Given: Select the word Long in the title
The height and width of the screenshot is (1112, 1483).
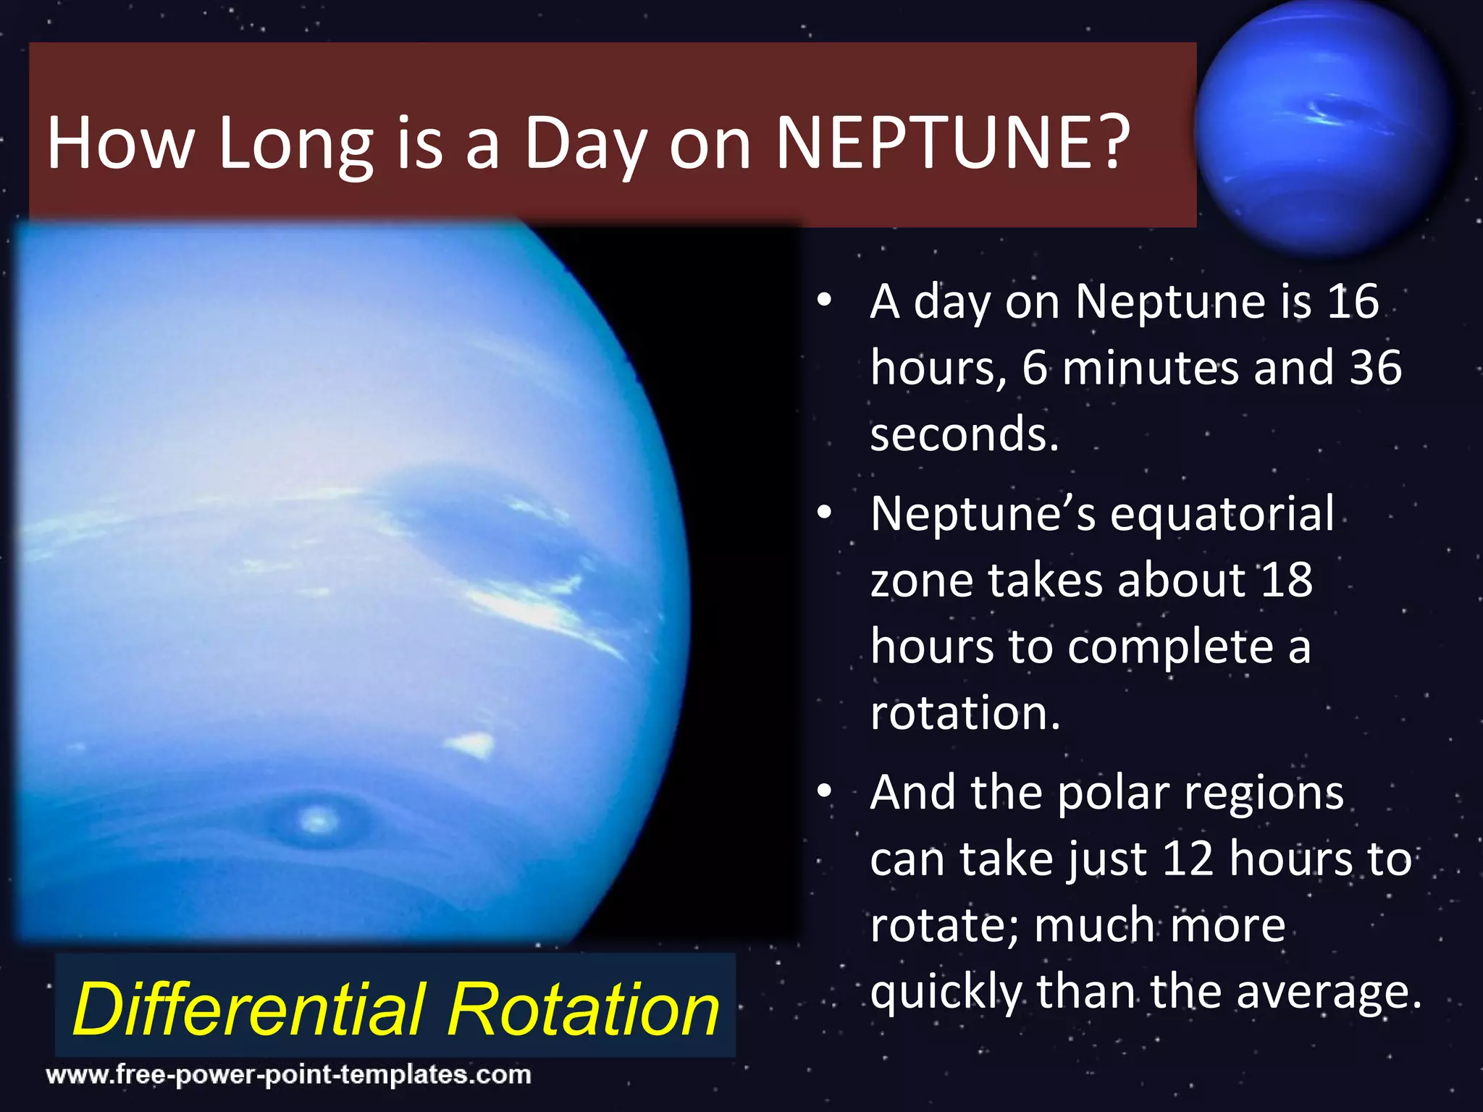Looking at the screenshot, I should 295,145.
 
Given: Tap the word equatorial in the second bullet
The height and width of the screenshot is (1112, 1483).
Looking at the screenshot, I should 1222,514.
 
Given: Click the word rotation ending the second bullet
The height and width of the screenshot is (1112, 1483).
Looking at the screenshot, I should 965,713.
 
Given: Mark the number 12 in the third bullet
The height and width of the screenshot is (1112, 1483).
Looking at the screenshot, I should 1188,860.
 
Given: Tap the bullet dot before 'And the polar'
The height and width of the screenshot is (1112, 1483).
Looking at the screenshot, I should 824,792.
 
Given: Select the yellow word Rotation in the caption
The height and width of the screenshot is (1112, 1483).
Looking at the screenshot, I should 583,1009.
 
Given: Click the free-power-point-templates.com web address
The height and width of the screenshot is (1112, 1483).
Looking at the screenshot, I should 288,1074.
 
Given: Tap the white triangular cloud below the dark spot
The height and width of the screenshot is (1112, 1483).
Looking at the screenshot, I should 472,744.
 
